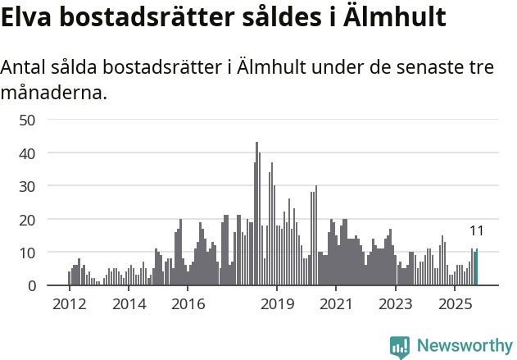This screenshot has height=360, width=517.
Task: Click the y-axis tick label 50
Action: pos(28,120)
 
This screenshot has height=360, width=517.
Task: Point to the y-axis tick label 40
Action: pos(28,153)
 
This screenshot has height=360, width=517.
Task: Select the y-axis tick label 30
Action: pos(28,186)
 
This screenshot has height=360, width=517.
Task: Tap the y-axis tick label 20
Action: pos(28,220)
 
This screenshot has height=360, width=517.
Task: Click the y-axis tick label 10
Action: pos(28,253)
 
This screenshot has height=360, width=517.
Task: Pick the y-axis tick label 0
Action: pos(32,286)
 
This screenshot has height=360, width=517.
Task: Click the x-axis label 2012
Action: pos(70,304)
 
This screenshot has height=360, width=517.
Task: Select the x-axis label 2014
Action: pos(129,304)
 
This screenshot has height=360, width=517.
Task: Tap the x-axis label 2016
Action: pos(188,304)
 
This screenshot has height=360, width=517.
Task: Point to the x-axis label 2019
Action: pos(277,304)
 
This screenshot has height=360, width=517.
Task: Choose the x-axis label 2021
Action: pos(336,304)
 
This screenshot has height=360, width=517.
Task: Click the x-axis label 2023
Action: pos(396,304)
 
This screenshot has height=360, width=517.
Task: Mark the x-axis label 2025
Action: pos(455,304)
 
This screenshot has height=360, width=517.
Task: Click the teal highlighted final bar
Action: pos(477,268)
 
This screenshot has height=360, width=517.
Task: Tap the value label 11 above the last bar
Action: pos(477,231)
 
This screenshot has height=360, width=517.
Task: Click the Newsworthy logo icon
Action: pos(400,346)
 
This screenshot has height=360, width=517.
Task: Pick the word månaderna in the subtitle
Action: pos(54,93)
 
